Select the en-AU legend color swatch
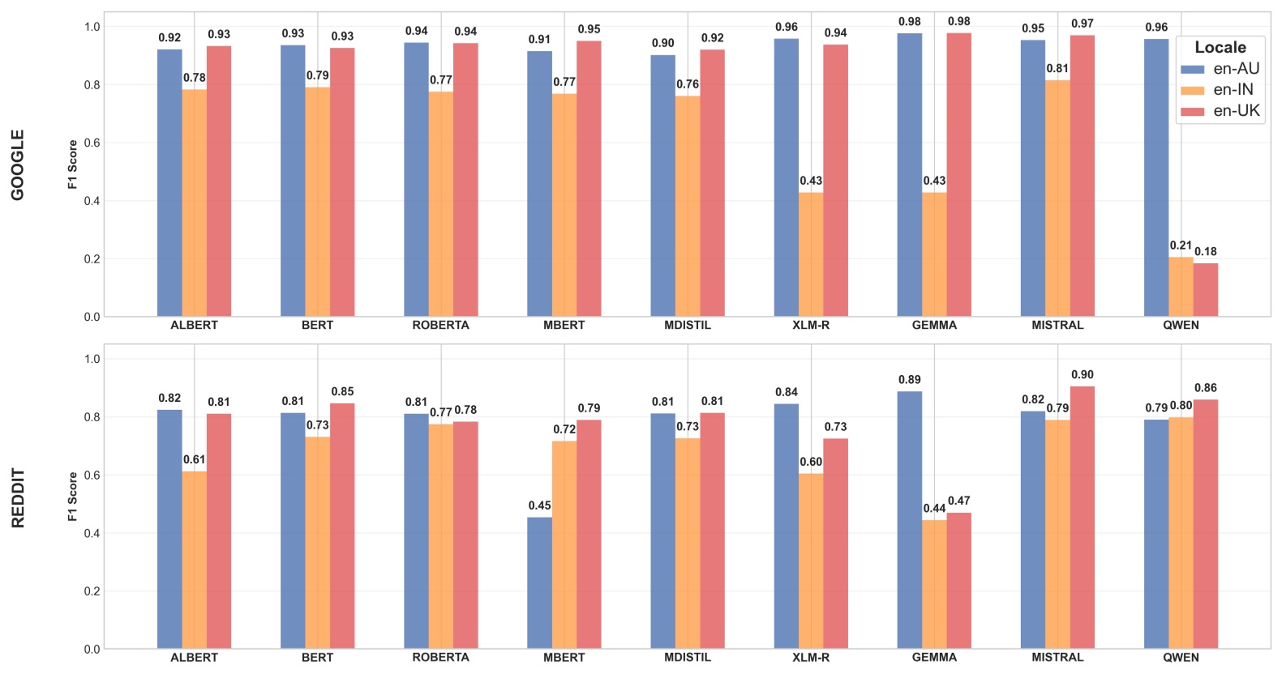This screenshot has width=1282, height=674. [x=1192, y=70]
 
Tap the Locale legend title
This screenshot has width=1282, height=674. [x=1220, y=48]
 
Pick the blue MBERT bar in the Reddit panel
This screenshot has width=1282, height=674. [x=539, y=583]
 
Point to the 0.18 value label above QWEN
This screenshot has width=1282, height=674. [x=1205, y=252]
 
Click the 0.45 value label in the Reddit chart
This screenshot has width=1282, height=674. [x=539, y=505]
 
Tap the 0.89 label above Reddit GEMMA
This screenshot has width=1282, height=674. [x=909, y=380]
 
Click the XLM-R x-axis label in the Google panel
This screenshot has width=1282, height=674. [x=810, y=325]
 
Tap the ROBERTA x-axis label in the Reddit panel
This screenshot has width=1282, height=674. [x=440, y=657]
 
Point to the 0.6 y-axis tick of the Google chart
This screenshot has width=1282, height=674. [x=92, y=143]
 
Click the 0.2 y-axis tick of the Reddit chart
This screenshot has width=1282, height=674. [x=92, y=591]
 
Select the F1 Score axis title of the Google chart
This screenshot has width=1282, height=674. [x=72, y=164]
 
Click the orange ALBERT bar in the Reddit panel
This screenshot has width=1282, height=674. [x=194, y=559]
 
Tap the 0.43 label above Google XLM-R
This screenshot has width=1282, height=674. [x=810, y=181]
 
